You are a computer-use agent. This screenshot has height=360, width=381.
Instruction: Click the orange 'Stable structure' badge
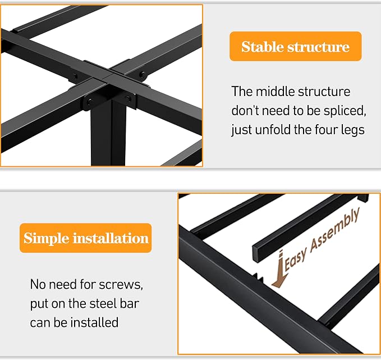click(296, 46)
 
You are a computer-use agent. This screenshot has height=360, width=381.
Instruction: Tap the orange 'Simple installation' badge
click(85, 238)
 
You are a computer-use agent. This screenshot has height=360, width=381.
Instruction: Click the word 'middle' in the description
click(276, 92)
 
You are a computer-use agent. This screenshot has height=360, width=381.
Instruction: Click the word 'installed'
click(94, 322)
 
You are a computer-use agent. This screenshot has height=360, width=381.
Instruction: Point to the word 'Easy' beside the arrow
click(295, 261)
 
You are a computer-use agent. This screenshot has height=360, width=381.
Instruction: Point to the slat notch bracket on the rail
click(258, 277)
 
